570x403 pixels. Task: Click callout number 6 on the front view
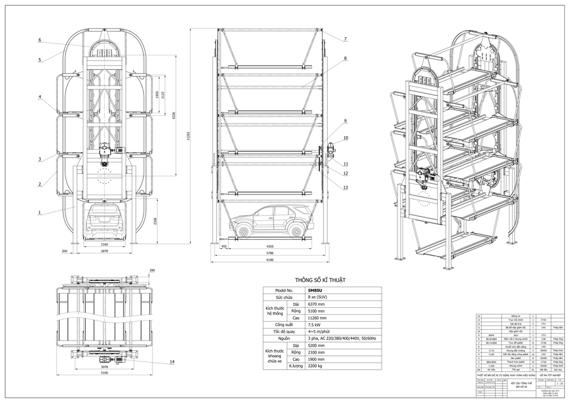pos(39,40)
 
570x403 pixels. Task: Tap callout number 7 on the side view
pos(345,39)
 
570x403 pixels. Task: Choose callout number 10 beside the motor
pos(345,137)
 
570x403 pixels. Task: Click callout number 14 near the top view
pos(172,362)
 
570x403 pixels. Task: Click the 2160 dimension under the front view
pos(105,244)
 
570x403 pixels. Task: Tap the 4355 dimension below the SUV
pos(270,246)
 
